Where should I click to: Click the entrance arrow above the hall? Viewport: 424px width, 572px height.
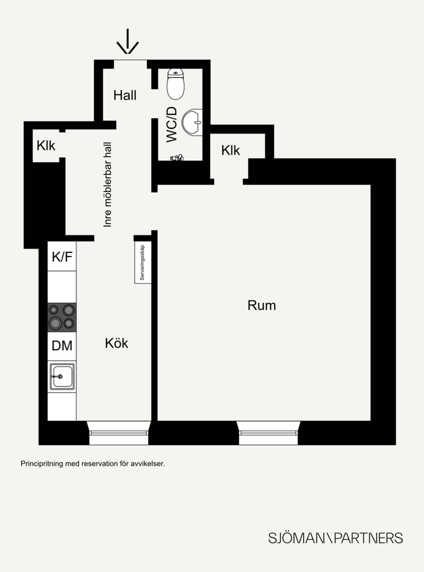pos(128,41)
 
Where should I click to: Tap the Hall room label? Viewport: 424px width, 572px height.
pos(125,95)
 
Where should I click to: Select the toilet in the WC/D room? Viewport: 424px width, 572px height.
pos(176,84)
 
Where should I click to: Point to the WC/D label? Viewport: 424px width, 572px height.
pos(172,124)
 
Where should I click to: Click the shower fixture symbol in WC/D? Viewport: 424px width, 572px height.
pos(177,157)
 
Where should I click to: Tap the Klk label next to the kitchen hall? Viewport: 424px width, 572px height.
pos(46,146)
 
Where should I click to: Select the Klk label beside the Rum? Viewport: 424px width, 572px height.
pos(230,150)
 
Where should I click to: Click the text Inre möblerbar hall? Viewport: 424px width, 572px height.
pos(107,185)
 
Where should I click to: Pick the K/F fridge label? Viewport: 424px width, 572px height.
pos(62,257)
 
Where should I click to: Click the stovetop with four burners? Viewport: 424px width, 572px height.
pos(62,317)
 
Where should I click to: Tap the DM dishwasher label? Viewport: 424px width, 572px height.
pos(62,346)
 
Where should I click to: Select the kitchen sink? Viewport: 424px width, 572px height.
pos(62,376)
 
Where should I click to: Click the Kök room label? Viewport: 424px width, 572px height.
pos(116,343)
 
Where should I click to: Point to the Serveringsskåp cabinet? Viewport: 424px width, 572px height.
pos(143,263)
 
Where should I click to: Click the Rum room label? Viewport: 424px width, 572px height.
pos(262,305)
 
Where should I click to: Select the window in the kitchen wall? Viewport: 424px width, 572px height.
pos(119,433)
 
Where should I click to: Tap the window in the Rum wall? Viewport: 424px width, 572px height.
pos(268,433)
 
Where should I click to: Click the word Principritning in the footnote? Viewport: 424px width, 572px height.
pos(42,464)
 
